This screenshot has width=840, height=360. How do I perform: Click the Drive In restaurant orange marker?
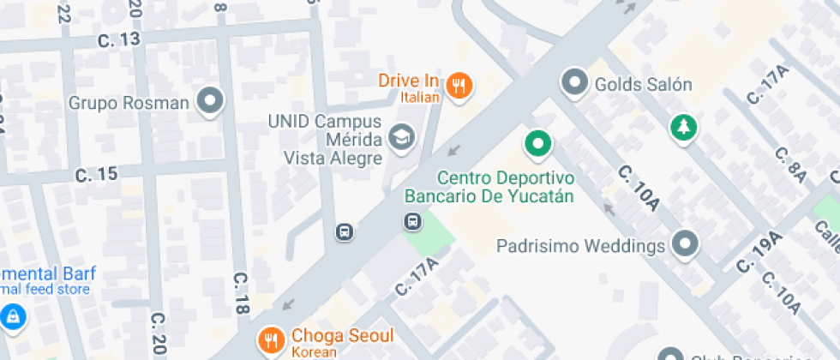460,85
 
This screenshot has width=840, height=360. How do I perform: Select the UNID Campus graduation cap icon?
400,136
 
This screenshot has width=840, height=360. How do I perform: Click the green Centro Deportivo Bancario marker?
538,143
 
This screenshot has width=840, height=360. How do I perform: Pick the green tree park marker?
683,129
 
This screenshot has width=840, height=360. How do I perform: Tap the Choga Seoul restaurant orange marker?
272,339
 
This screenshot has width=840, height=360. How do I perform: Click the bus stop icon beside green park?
413,222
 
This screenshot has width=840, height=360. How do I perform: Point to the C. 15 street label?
96,174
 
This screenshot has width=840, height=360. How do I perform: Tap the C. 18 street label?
242,293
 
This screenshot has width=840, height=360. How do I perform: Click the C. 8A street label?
790,165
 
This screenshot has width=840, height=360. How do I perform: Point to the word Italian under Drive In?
420,98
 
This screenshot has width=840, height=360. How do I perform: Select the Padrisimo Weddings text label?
581,246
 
